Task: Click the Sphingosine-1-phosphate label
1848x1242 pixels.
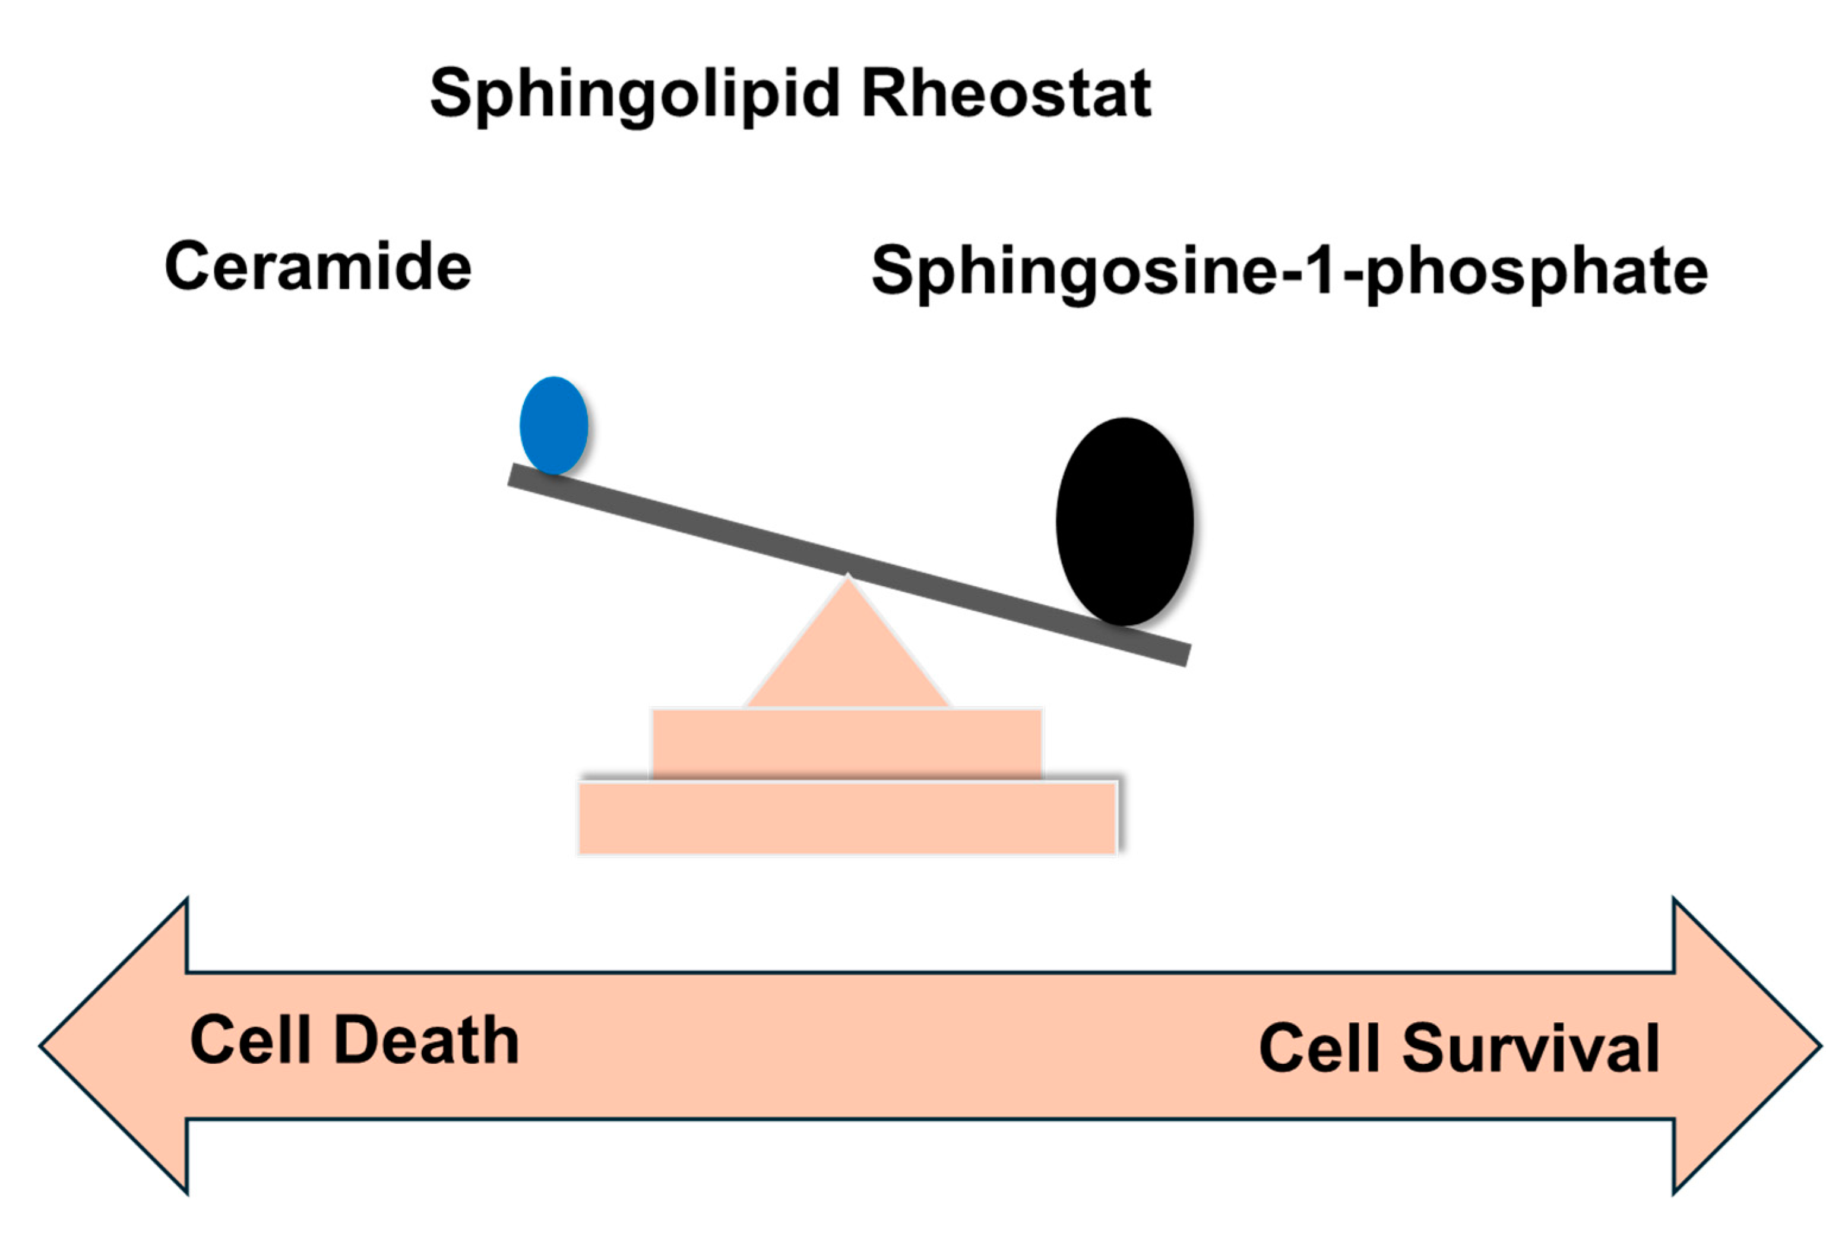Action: pyautogui.click(x=1289, y=271)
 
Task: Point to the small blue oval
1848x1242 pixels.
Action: pyautogui.click(x=553, y=425)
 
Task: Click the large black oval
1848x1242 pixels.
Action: pyautogui.click(x=1124, y=521)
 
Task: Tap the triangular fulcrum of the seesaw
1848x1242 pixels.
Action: pyautogui.click(x=847, y=658)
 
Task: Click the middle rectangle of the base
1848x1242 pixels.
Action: pyautogui.click(x=846, y=743)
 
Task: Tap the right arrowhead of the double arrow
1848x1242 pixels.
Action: pyautogui.click(x=1742, y=1045)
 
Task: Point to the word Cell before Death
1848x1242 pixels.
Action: pyautogui.click(x=250, y=1040)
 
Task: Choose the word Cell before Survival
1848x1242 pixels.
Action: pyautogui.click(x=1319, y=1048)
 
